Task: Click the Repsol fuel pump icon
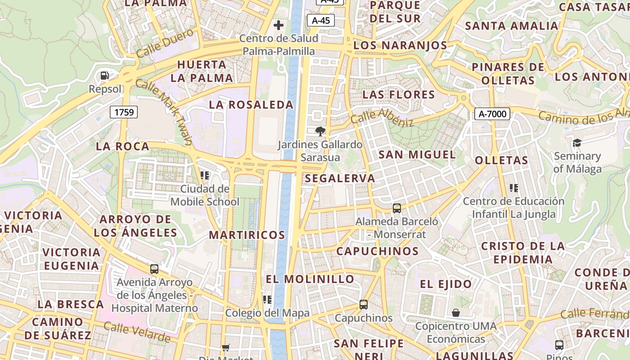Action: [105, 76]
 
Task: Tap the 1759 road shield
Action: [124, 112]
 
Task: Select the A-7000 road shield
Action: [492, 114]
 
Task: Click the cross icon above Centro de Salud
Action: [279, 25]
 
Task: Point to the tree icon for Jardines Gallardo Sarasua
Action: [320, 131]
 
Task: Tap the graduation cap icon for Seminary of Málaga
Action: [577, 143]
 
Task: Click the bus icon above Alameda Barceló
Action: [396, 208]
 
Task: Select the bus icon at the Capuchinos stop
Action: [364, 305]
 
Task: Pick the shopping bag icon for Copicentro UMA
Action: [456, 313]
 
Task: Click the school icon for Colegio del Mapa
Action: [267, 300]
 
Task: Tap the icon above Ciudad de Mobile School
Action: [205, 175]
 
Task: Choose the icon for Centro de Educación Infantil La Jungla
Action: [513, 188]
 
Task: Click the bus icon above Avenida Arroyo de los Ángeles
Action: [154, 269]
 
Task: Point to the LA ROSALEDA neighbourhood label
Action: [251, 105]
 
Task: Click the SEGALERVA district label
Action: [340, 178]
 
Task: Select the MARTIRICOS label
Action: [247, 235]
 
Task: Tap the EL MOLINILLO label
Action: [310, 279]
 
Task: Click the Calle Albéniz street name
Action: [382, 117]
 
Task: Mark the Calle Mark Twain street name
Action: [164, 112]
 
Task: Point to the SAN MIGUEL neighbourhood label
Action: [417, 155]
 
